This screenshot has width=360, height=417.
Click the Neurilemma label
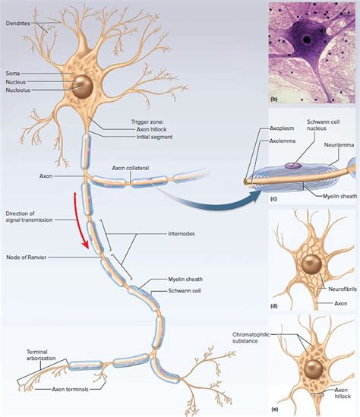tap(337, 143)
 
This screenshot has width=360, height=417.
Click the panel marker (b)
tap(276, 100)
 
